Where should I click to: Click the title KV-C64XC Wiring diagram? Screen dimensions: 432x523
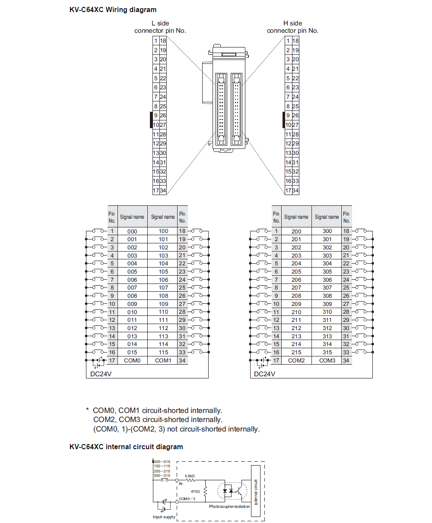113,10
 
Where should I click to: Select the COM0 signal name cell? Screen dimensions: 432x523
132,360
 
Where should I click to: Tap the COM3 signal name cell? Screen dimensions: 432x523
327,360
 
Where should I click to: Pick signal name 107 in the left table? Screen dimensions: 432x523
163,288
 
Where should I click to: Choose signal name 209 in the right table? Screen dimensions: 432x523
296,304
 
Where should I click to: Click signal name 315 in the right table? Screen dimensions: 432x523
327,353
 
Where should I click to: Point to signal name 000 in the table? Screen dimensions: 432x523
132,231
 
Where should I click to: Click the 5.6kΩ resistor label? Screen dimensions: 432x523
190,476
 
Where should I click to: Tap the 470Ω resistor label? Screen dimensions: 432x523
195,491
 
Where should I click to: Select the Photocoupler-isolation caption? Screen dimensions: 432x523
229,507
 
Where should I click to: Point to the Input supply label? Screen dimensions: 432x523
164,517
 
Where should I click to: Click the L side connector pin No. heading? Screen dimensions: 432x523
160,27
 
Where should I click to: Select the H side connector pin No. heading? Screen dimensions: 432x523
292,27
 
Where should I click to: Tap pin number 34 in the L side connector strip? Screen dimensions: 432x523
163,190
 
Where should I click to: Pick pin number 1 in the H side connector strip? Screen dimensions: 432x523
288,41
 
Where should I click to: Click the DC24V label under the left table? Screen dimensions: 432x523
101,374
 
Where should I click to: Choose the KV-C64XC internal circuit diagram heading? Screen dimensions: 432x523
126,447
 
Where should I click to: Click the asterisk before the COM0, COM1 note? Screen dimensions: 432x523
87,409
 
